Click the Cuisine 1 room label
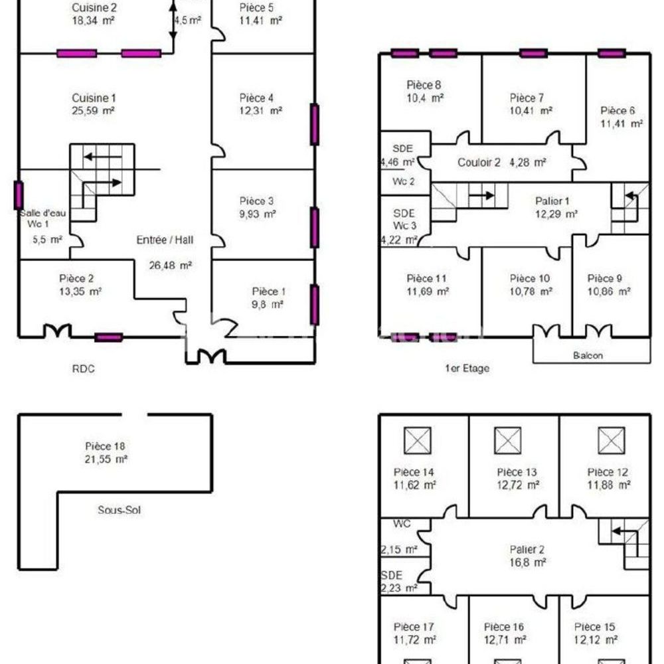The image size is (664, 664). coord(94,98)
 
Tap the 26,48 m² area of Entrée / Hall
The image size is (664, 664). coord(170,265)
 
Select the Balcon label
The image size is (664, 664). coord(588,355)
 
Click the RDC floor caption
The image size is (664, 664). coord(83,369)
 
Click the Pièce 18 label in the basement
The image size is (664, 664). coord(106,446)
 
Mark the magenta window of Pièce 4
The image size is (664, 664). coord(314,124)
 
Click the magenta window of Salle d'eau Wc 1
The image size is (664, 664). coord(19,195)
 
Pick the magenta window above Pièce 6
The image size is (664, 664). coord(611,53)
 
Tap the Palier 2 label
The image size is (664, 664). coord(527,549)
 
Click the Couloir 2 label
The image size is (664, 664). coord(479,163)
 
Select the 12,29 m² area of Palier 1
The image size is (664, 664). coord(556,214)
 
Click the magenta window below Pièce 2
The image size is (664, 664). coord(108,337)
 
